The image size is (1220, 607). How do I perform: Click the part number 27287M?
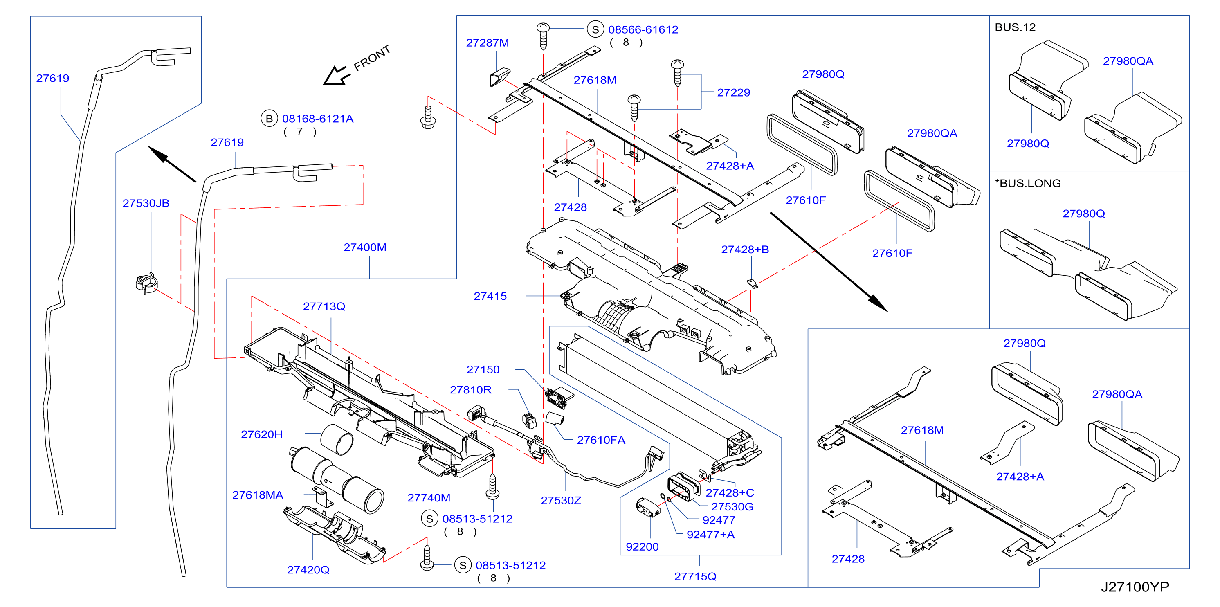point(488,43)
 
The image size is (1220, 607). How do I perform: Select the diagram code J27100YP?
point(1135,587)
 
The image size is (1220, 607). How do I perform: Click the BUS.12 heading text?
point(1015,27)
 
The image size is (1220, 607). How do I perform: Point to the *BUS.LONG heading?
point(1028,183)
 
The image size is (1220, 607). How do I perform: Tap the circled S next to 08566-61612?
point(595,29)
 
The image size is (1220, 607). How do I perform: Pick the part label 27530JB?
point(146,203)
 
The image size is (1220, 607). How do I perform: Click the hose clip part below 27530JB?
point(146,283)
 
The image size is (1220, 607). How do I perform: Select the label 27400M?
point(365,247)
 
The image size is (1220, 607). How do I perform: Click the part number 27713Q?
point(324,306)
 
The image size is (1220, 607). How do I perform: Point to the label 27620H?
point(261,434)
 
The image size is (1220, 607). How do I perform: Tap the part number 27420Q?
point(308,570)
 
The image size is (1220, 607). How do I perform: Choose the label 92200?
point(642,546)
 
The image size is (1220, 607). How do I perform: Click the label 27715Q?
point(695,576)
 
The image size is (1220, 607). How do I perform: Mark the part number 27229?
point(734,92)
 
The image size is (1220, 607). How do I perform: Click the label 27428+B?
point(745,250)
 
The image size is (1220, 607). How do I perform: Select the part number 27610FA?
point(601,440)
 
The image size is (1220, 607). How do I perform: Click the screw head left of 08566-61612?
point(543,28)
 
